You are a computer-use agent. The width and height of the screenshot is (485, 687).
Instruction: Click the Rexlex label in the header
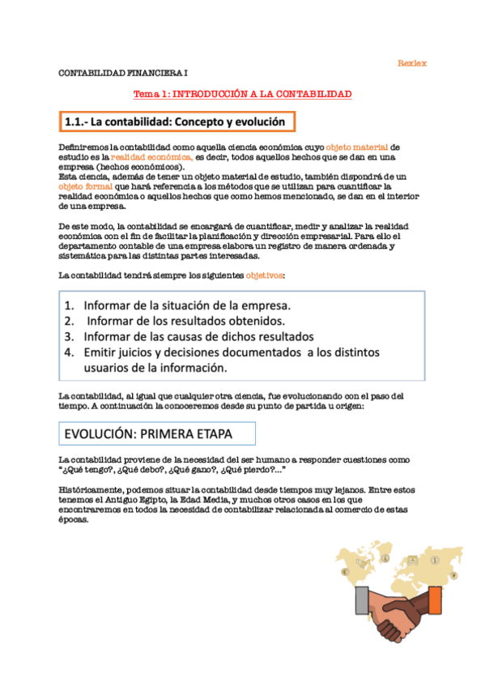pyautogui.click(x=412, y=63)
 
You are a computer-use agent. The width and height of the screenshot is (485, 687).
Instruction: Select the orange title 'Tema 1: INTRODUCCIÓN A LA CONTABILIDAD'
pyautogui.click(x=242, y=95)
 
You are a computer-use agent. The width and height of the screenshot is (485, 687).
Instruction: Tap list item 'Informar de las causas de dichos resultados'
pyautogui.click(x=198, y=336)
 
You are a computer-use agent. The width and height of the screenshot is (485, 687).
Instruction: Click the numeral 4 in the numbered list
pyautogui.click(x=70, y=352)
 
